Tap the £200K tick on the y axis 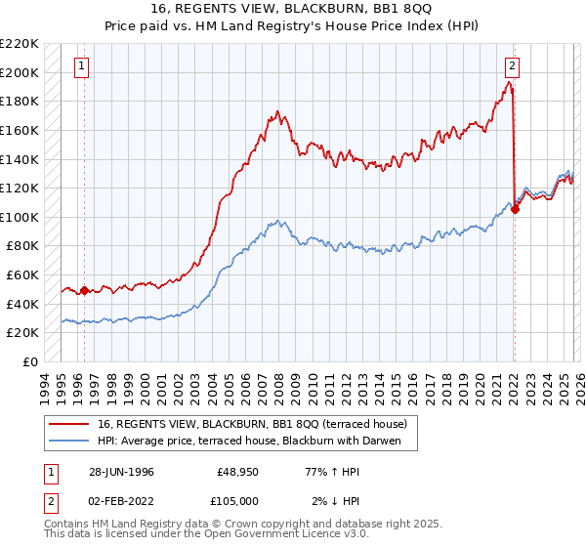(x=20, y=72)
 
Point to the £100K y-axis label (x=20, y=217)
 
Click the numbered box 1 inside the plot (x=80, y=66)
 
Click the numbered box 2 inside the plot (x=512, y=66)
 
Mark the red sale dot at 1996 (x=84, y=290)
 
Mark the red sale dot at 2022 (x=515, y=210)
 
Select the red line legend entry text (x=259, y=424)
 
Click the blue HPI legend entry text (x=257, y=442)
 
